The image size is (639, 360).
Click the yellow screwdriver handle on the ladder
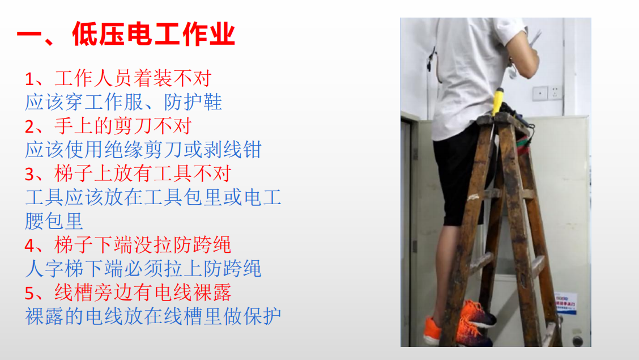pos(499,100)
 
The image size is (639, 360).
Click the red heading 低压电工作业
pos(153,35)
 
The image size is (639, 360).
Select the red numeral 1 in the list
pos(30,78)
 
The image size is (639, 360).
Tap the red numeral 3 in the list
pos(30,173)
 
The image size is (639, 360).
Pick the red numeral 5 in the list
pos(31,293)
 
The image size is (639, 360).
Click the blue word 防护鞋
pos(193,102)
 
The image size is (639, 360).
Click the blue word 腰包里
pos(54,221)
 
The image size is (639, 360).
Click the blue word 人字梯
pos(53,269)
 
